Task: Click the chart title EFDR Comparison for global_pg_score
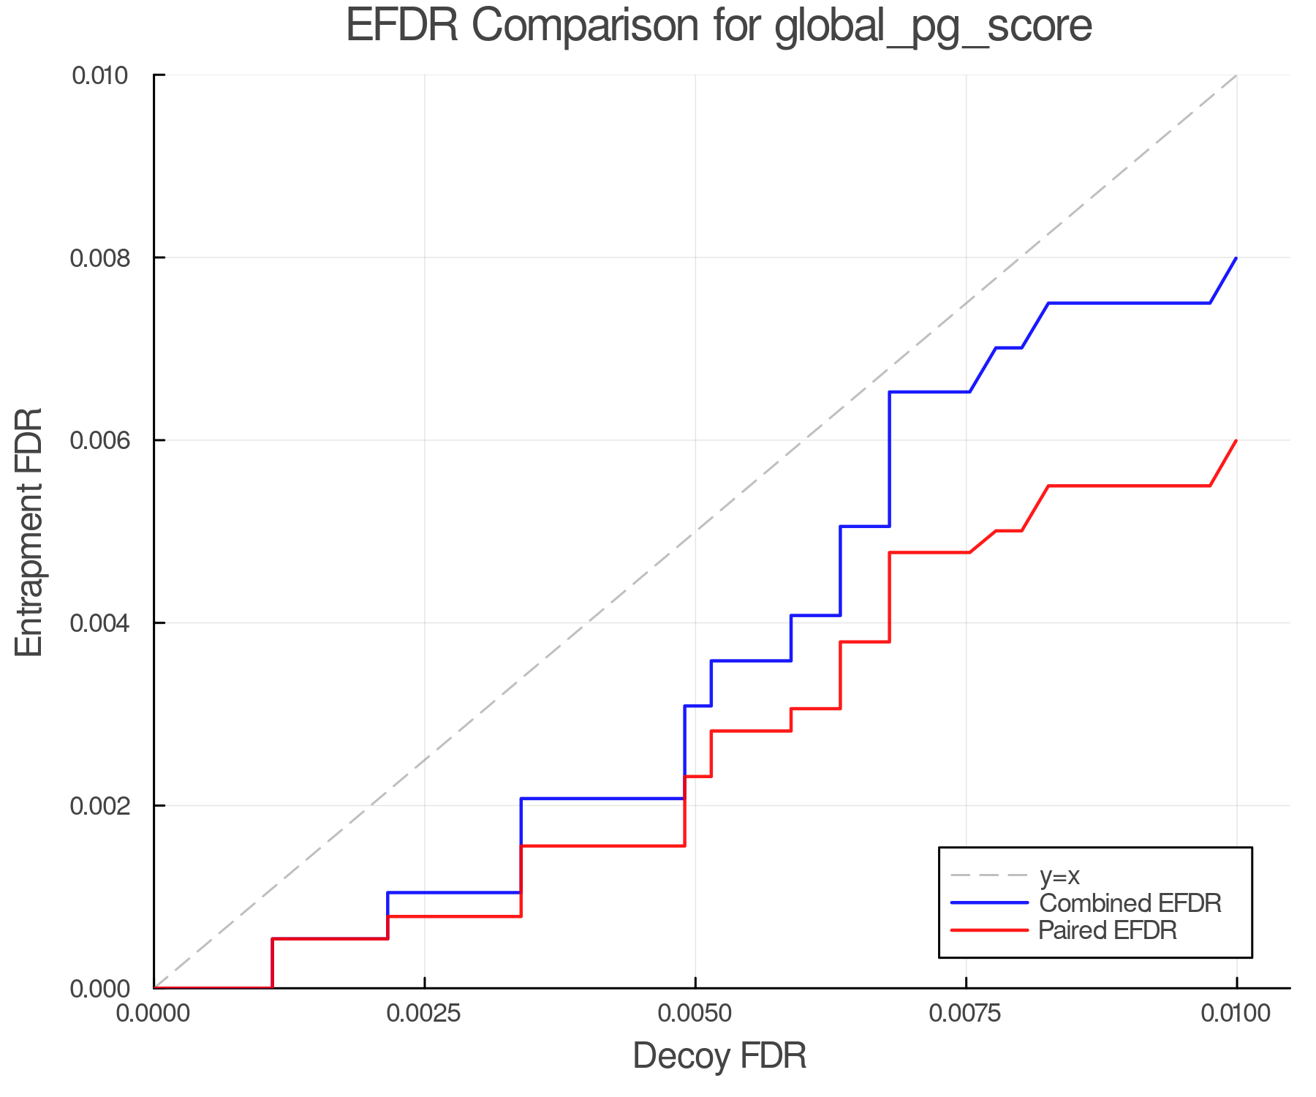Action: [x=719, y=26]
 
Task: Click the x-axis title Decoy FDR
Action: [x=719, y=1055]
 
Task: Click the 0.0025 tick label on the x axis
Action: [x=425, y=1014]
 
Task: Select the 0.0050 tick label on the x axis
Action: [x=695, y=1014]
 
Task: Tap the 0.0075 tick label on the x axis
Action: [x=966, y=1014]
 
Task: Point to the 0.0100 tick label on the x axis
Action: [x=1236, y=1014]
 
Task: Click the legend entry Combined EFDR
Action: [x=1130, y=903]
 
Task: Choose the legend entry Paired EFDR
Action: [x=1108, y=930]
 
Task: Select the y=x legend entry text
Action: [x=1059, y=875]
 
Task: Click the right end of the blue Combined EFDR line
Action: [x=1236, y=258]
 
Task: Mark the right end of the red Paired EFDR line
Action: [x=1236, y=440]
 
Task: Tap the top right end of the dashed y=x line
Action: [x=1236, y=75]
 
